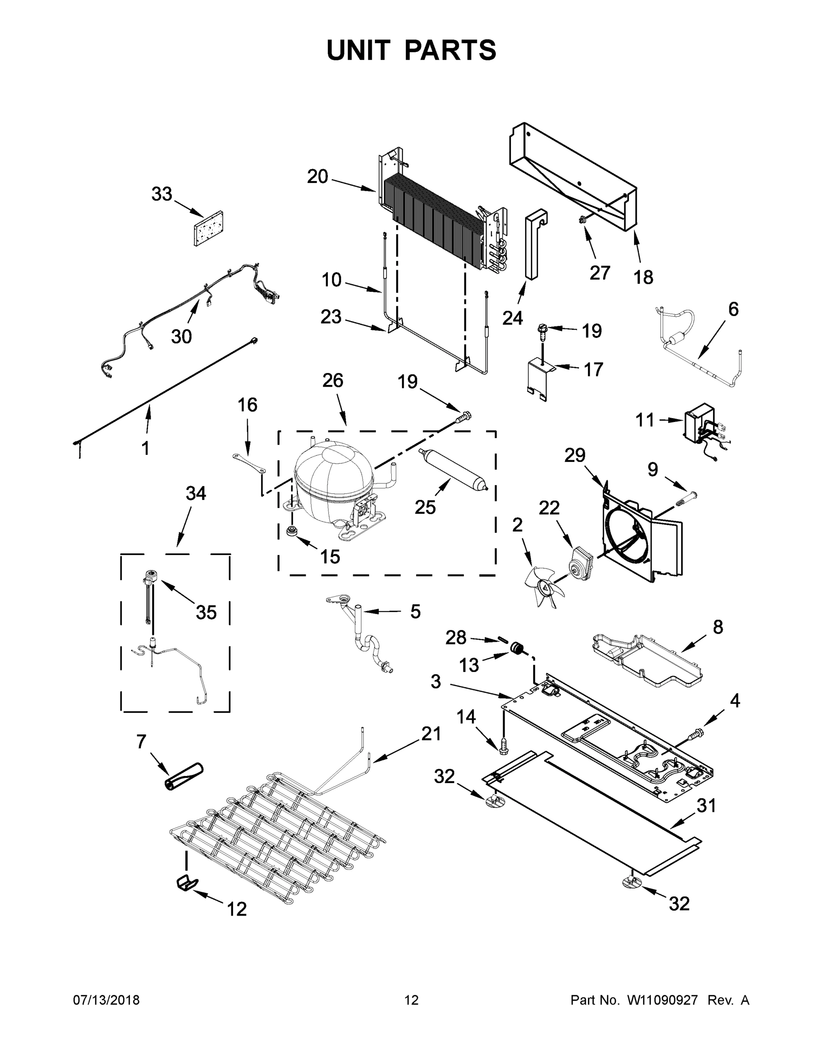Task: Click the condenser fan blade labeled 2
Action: [x=543, y=586]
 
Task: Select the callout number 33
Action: [x=162, y=194]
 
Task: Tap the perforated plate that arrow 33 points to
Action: [x=209, y=228]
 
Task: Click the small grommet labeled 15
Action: [x=292, y=531]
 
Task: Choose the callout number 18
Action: [x=643, y=277]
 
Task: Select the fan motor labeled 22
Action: [x=581, y=563]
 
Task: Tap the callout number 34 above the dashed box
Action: [x=196, y=493]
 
